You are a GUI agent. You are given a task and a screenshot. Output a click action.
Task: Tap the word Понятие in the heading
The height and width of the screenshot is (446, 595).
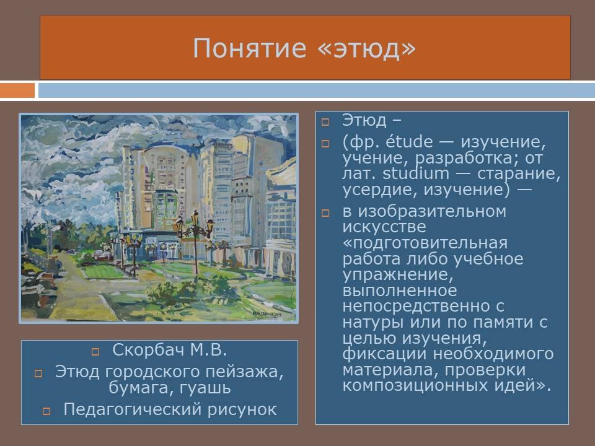point(249,48)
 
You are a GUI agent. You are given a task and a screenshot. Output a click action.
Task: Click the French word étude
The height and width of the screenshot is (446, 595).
point(409,142)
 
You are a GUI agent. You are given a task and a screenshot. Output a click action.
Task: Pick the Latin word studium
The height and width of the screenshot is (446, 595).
point(415,173)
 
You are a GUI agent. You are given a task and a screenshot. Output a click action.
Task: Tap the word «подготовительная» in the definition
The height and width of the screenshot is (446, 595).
point(425,243)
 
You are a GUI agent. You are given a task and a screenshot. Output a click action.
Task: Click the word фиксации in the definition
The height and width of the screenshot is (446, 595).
point(384,354)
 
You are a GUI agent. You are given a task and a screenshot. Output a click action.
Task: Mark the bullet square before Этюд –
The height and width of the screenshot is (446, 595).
point(325,122)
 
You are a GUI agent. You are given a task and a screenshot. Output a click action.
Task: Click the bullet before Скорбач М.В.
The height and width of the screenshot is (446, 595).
point(95,352)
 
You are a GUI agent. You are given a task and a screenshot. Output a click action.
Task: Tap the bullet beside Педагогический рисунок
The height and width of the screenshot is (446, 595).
point(46,411)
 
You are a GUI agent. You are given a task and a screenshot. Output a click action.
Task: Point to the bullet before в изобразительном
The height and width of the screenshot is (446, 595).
point(325,212)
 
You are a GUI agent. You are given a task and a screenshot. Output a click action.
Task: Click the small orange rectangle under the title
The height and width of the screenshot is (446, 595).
point(17,90)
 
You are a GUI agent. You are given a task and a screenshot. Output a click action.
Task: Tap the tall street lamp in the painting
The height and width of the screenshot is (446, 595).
point(195,243)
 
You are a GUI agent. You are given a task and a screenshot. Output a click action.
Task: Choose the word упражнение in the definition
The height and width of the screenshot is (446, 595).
point(398,275)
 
